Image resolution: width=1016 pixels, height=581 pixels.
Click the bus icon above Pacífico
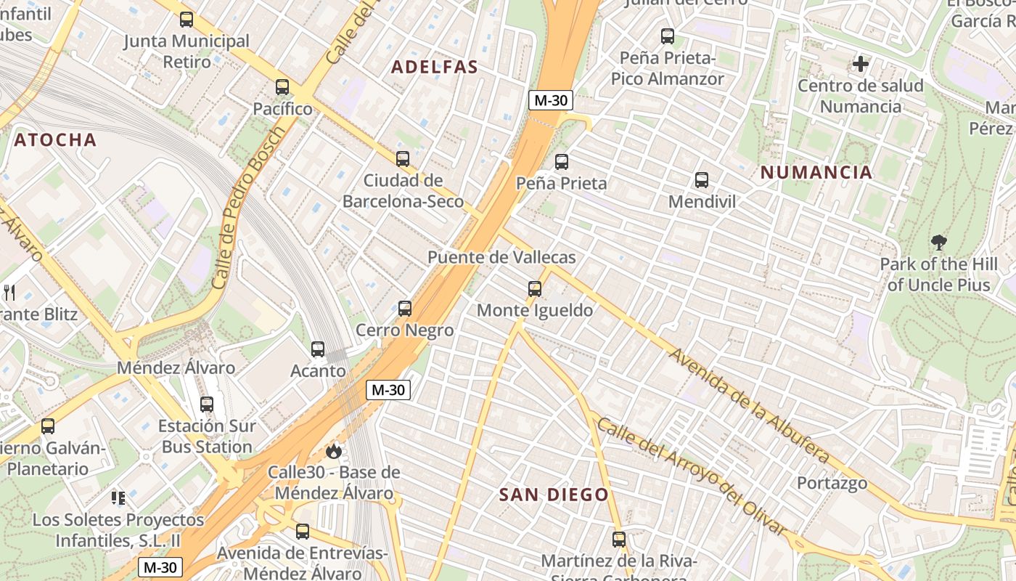pyautogui.click(x=282, y=87)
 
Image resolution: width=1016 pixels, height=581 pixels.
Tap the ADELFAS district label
pyautogui.click(x=435, y=68)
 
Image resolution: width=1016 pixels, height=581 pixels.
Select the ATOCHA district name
pyautogui.click(x=55, y=140)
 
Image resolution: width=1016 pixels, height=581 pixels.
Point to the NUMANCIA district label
pyautogui.click(x=816, y=173)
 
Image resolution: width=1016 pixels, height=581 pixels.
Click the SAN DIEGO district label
pyautogui.click(x=554, y=495)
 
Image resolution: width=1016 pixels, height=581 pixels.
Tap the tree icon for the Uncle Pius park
pyautogui.click(x=938, y=243)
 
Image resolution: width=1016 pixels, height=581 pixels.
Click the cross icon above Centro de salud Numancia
pyautogui.click(x=861, y=64)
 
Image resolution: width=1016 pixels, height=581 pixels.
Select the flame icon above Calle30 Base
pyautogui.click(x=333, y=451)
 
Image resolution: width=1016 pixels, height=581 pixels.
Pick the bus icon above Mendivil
pyautogui.click(x=702, y=180)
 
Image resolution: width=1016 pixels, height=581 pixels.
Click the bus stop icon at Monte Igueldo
pyautogui.click(x=535, y=289)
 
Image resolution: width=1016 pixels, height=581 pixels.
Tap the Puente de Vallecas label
pyautogui.click(x=501, y=257)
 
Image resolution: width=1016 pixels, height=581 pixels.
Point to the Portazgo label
pyautogui.click(x=832, y=483)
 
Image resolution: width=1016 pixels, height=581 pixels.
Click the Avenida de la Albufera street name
pyautogui.click(x=748, y=406)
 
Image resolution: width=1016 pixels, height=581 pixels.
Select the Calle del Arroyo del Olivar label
pyautogui.click(x=692, y=476)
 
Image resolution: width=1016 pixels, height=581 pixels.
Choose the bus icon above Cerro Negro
pyautogui.click(x=405, y=309)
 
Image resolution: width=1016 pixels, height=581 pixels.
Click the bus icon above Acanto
pyautogui.click(x=318, y=349)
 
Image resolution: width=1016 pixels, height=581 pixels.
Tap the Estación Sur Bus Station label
pyautogui.click(x=207, y=436)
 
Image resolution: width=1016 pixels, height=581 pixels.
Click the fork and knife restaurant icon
pyautogui.click(x=9, y=293)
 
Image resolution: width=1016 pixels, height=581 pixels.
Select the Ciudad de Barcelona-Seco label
pyautogui.click(x=403, y=191)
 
